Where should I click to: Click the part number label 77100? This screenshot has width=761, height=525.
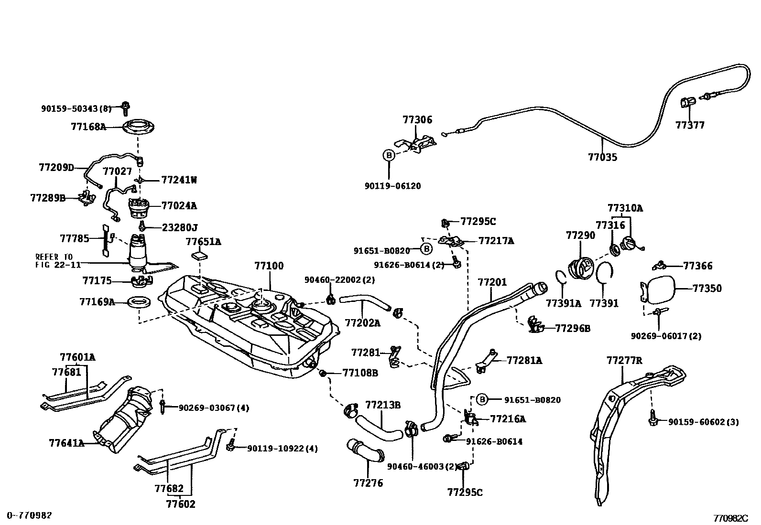click(x=269, y=266)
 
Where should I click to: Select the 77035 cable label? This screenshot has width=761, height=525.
click(x=602, y=157)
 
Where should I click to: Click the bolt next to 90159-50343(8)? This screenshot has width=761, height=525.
click(x=125, y=107)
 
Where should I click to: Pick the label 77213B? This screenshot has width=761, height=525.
click(x=383, y=405)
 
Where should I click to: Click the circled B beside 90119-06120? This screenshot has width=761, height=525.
click(x=389, y=155)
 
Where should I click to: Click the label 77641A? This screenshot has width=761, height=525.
click(x=66, y=443)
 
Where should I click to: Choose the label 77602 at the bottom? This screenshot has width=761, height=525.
click(x=181, y=504)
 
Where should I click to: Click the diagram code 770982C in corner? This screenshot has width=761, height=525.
click(x=730, y=518)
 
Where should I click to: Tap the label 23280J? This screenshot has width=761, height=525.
click(x=180, y=227)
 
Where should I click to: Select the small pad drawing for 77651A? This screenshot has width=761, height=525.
click(x=200, y=255)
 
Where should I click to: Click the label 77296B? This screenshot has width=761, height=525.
click(x=573, y=329)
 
